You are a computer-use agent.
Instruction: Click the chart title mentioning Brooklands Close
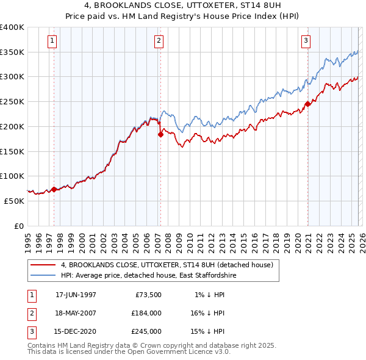(183, 5)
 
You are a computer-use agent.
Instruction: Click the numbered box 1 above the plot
(53, 41)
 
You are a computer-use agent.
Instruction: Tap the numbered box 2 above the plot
(159, 41)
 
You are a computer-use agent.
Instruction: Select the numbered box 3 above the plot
(306, 41)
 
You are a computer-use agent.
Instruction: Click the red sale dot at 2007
(160, 135)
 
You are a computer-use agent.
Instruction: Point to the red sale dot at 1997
(54, 189)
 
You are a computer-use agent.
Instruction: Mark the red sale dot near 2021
(307, 104)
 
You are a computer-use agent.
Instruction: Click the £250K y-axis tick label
(12, 102)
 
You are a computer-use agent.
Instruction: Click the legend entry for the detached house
(170, 265)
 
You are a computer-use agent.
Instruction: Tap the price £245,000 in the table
(146, 331)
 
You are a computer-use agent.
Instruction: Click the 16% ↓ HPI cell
(207, 313)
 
